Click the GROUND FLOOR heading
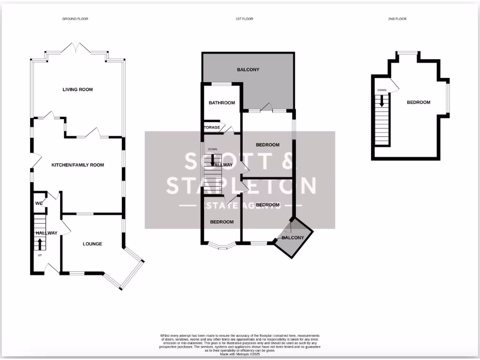point(75,19)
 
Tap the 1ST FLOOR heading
point(244,19)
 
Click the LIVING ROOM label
point(77,90)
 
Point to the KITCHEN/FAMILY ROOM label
point(77,165)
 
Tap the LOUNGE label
point(92,244)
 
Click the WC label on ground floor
point(39,203)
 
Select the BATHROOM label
point(221,103)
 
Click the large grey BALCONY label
point(248,70)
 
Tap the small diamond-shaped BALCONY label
point(293,238)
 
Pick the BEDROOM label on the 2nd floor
point(418,102)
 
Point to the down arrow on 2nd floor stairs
point(382,100)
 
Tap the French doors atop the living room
point(76,48)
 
